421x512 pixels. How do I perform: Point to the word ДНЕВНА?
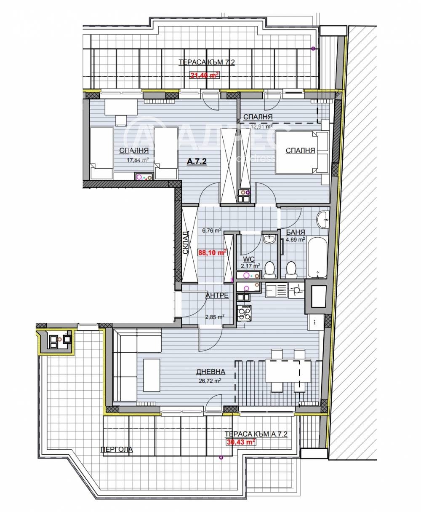tap(210, 372)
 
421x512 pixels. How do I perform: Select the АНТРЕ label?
tap(217, 295)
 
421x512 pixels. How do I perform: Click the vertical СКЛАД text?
tap(186, 243)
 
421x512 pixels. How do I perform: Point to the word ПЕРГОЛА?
tap(116, 450)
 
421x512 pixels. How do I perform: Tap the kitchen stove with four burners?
tap(244, 313)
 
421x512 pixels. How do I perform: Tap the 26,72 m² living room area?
tap(210, 380)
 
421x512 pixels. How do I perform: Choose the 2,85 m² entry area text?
tap(214, 317)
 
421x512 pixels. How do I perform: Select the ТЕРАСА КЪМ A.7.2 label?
tap(256, 434)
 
